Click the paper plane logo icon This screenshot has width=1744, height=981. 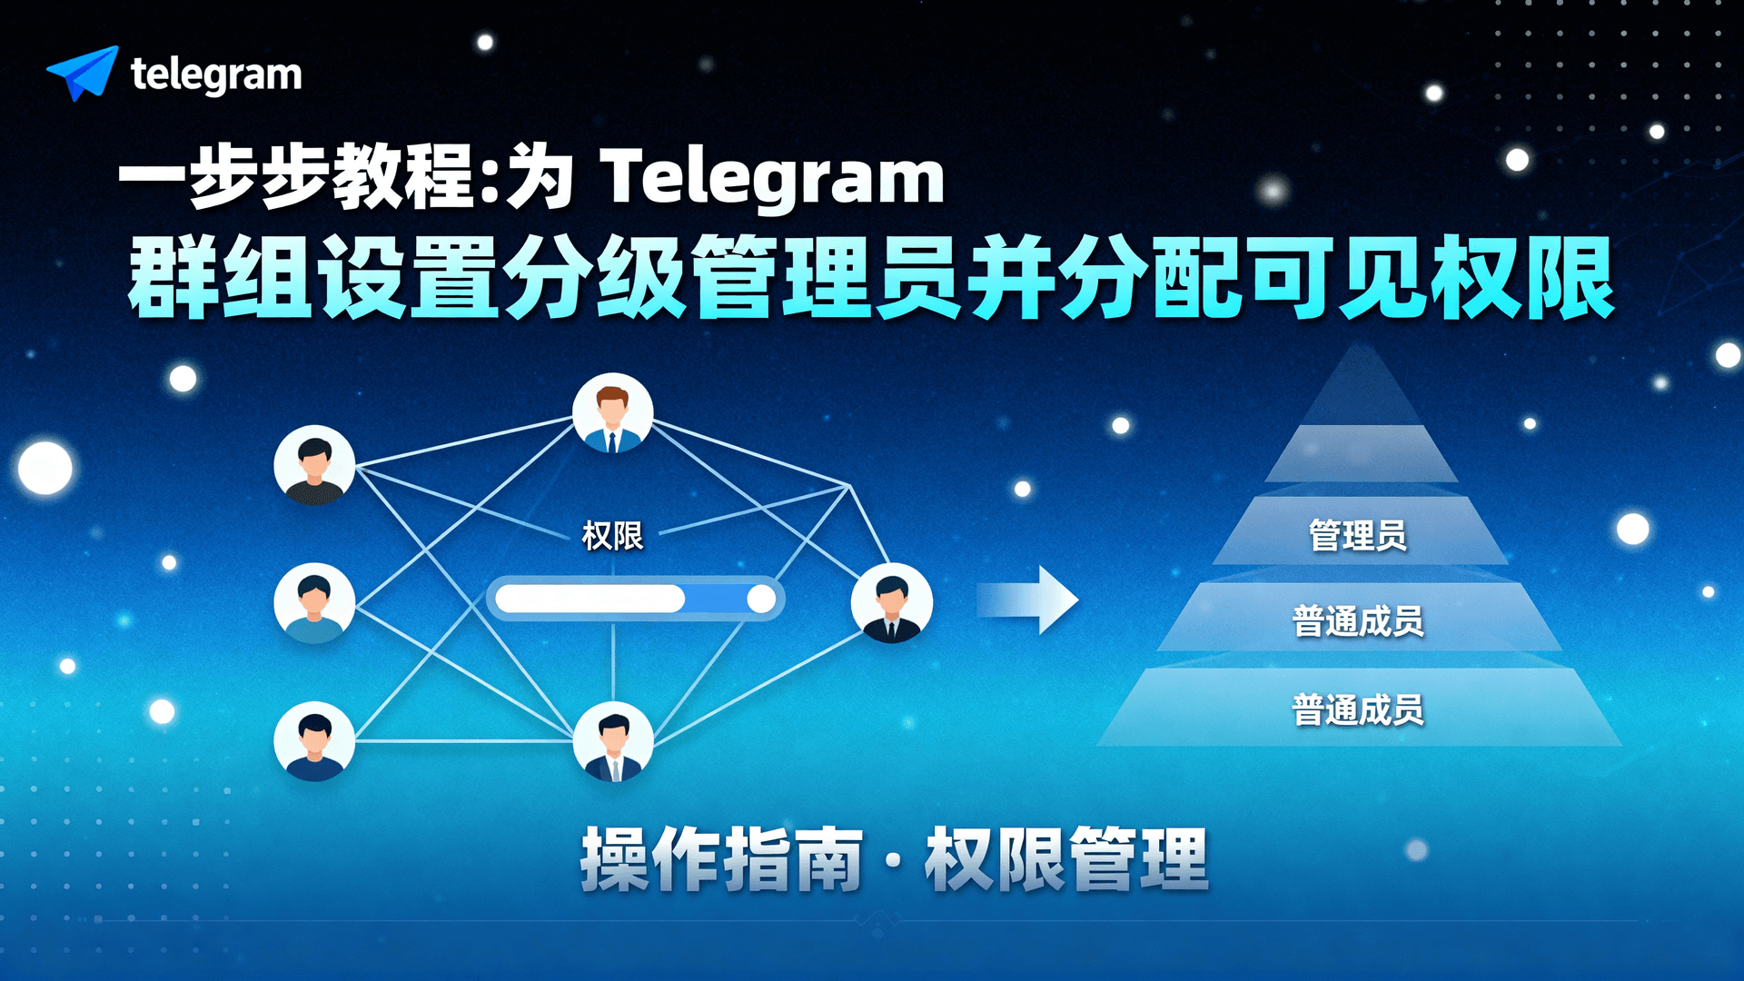pyautogui.click(x=83, y=73)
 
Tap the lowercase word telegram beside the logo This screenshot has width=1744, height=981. pyautogui.click(x=216, y=74)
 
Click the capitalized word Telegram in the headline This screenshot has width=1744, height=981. pyautogui.click(x=773, y=177)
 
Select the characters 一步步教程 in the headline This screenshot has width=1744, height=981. pyautogui.click(x=295, y=177)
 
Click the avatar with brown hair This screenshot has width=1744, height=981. pyautogui.click(x=612, y=413)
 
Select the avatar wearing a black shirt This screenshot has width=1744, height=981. pyautogui.click(x=314, y=465)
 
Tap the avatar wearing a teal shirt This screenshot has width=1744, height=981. pyautogui.click(x=314, y=603)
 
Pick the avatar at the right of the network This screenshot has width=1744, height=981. pyautogui.click(x=891, y=603)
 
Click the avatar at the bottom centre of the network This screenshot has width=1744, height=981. pyautogui.click(x=613, y=741)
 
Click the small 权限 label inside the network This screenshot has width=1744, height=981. pyautogui.click(x=612, y=535)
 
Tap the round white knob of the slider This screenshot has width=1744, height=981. pyautogui.click(x=761, y=599)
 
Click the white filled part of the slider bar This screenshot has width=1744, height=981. pyautogui.click(x=590, y=599)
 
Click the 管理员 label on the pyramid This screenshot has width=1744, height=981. pyautogui.click(x=1358, y=535)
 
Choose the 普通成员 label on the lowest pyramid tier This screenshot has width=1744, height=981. pyautogui.click(x=1358, y=709)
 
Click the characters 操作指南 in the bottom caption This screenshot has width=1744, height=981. pyautogui.click(x=721, y=858)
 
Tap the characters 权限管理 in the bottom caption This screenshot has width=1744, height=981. pyautogui.click(x=1066, y=858)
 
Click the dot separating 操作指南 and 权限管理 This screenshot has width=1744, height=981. pyautogui.click(x=894, y=860)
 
